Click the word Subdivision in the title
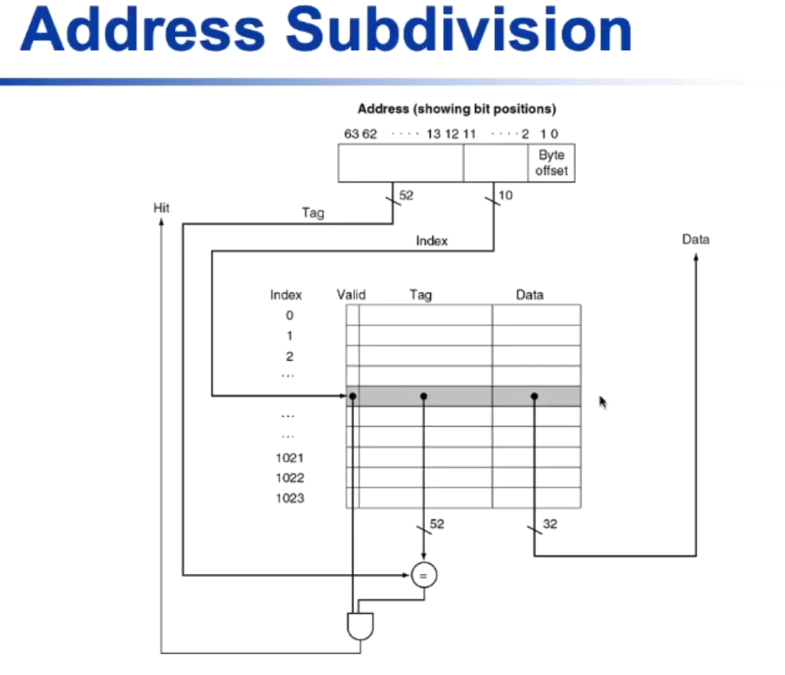coord(459,31)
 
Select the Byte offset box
coord(551,163)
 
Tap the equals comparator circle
coord(424,576)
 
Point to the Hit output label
coord(161,206)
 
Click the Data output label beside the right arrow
coord(695,239)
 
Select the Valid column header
coord(351,295)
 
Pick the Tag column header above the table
coord(421,295)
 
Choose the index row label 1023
coord(290,498)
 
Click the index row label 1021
coord(290,458)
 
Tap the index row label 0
coord(289,315)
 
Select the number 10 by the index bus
coord(505,196)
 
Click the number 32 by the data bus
coord(550,525)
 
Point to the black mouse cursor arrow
coord(603,402)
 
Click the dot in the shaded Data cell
coord(534,396)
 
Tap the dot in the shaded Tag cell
coord(424,396)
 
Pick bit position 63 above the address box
coord(351,134)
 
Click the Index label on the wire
coord(432,240)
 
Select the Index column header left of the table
coord(286,295)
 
